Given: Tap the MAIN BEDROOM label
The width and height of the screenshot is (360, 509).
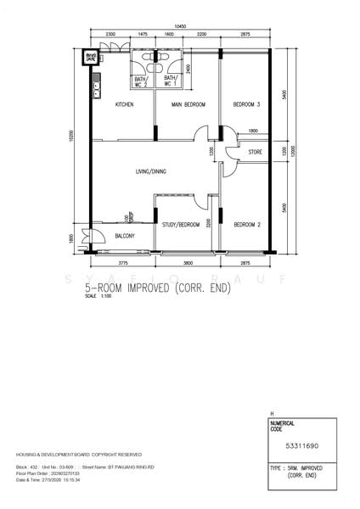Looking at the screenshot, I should pos(188,104).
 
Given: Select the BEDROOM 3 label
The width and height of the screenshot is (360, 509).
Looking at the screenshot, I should pos(246,104).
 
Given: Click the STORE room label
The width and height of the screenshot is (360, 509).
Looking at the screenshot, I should pos(256,153).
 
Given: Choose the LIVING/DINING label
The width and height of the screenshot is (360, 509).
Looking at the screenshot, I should pos(151,171).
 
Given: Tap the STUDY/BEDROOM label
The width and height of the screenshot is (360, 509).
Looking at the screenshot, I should pos(181,224).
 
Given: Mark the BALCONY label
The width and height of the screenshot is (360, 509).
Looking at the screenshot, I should pos(124,236).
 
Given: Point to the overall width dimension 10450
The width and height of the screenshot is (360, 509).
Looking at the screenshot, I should pos(180,27).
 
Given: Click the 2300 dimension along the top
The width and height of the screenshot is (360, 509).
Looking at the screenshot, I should pos(111,34).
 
